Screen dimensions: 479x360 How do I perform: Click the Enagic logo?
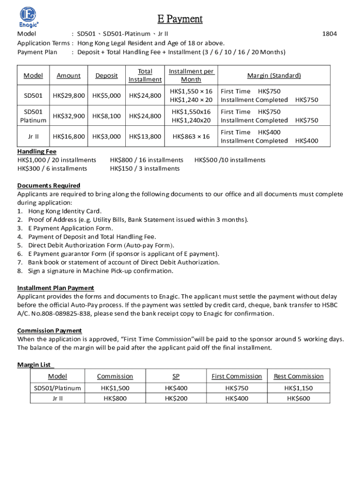point(29,17)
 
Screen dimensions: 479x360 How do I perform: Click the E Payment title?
point(180,19)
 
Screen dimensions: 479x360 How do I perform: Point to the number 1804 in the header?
point(330,34)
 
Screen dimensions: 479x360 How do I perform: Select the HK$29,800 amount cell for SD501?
point(69,96)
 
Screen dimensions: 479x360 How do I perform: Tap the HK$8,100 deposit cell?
point(107,116)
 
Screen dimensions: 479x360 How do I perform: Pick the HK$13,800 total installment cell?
point(145,137)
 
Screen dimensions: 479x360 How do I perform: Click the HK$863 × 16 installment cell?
point(191,137)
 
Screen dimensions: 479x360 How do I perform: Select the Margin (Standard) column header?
point(274,76)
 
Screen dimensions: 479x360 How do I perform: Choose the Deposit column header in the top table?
point(107,76)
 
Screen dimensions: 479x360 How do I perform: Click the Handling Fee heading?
point(37,152)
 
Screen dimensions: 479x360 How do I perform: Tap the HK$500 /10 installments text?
point(230,160)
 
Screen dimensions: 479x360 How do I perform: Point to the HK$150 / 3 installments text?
point(144,168)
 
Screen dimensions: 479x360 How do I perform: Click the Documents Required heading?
point(49,186)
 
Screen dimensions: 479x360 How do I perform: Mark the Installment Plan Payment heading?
point(56,288)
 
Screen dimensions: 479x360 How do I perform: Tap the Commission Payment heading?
point(50,331)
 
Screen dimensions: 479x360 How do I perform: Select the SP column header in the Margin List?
point(176,377)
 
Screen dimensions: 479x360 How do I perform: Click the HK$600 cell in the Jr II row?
point(298,399)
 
